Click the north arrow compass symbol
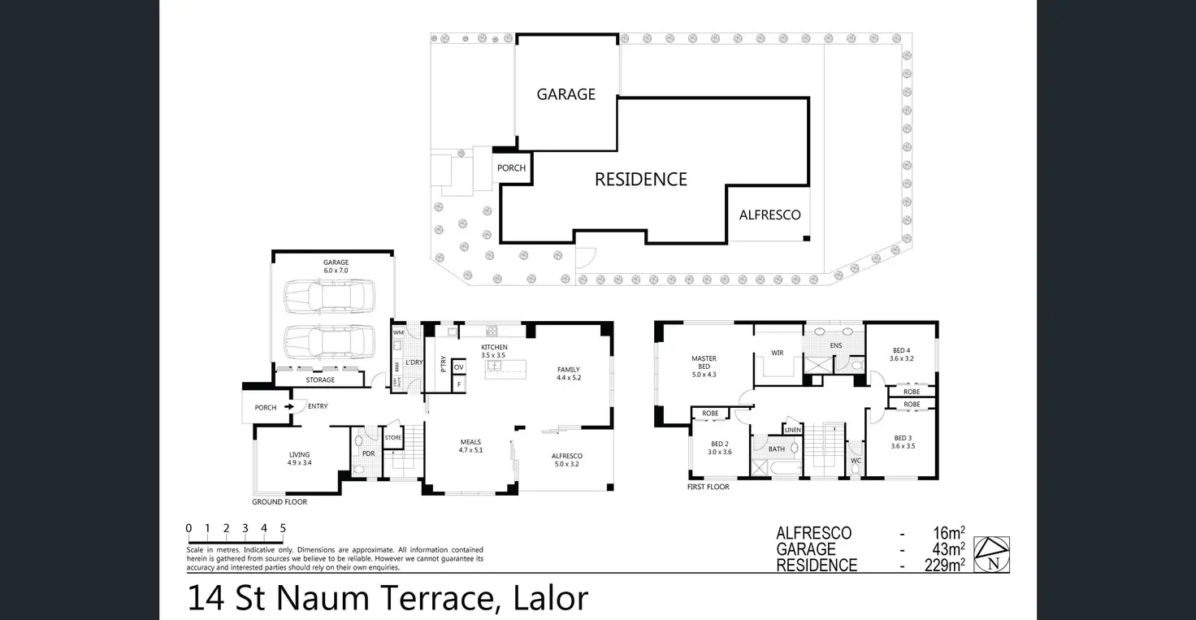click(x=993, y=555)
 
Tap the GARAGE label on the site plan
click(x=565, y=94)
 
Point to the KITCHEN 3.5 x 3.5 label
click(x=493, y=351)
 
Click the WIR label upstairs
click(x=777, y=353)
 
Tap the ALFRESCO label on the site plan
click(x=769, y=215)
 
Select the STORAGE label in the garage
click(x=320, y=379)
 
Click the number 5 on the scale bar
click(x=283, y=528)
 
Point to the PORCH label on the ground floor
click(x=266, y=407)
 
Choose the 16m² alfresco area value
click(x=949, y=533)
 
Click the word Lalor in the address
click(x=551, y=598)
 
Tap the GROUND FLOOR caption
click(x=279, y=502)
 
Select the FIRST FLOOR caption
click(x=708, y=487)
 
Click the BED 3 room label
click(x=903, y=442)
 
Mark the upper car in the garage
click(x=329, y=297)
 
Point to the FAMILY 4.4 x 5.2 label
click(x=569, y=373)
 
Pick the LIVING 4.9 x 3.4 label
click(x=299, y=458)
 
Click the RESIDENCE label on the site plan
click(x=640, y=180)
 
